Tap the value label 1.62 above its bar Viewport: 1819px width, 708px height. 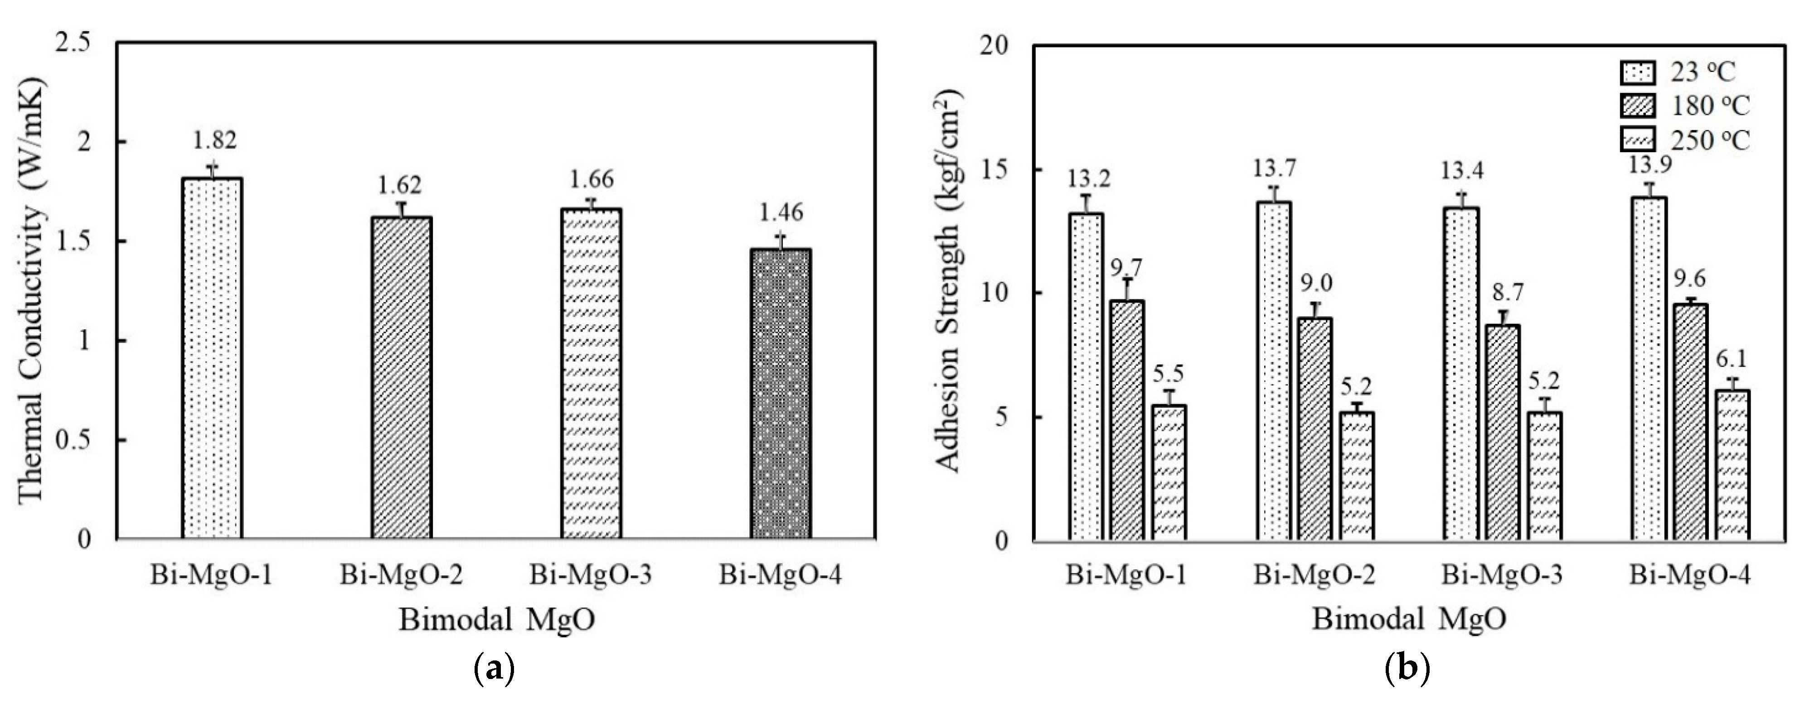[x=400, y=185]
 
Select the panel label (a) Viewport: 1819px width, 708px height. [x=493, y=668]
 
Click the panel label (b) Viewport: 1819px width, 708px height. [x=1407, y=668]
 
